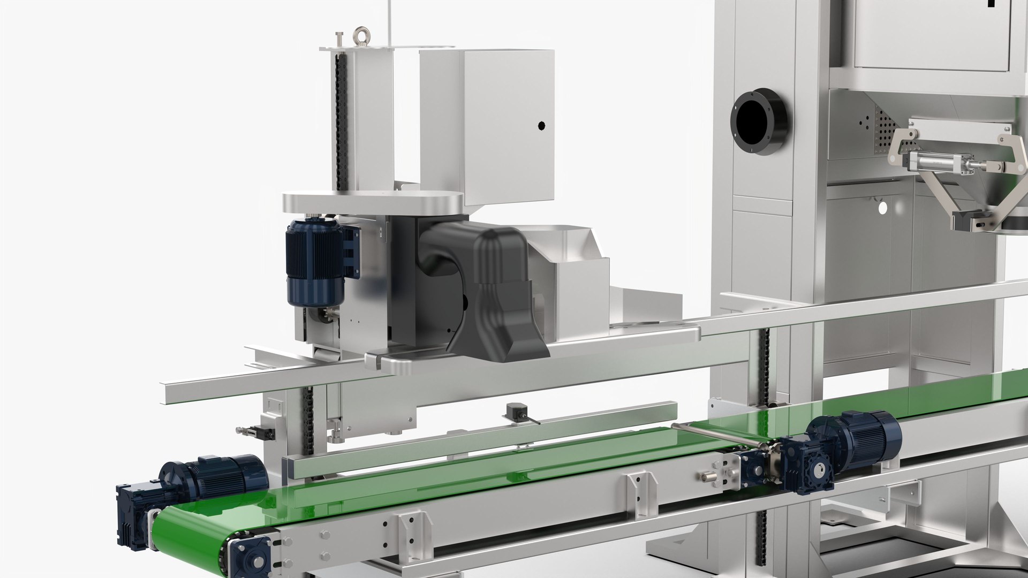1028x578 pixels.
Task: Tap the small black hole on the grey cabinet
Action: tap(541, 126)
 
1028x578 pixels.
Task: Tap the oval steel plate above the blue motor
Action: tap(372, 204)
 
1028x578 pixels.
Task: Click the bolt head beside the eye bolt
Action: tap(338, 39)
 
